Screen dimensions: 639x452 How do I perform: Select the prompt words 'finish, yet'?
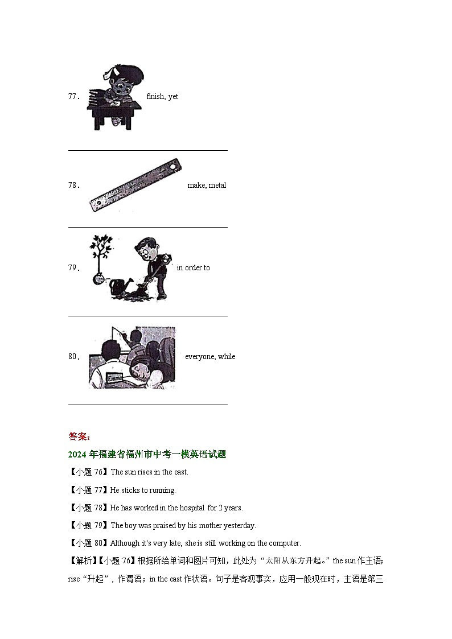[x=162, y=97]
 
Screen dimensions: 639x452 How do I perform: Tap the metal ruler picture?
[x=135, y=185]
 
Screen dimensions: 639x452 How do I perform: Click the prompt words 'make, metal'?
[x=207, y=185]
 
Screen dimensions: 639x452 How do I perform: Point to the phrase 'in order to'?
[x=193, y=268]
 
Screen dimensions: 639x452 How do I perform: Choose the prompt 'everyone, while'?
[x=210, y=357]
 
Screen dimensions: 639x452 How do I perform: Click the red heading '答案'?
[x=78, y=436]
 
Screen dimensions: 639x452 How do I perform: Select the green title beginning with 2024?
[x=147, y=454]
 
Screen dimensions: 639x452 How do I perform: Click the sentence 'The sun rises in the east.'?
[x=149, y=472]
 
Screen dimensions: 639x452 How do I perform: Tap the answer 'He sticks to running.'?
[x=143, y=490]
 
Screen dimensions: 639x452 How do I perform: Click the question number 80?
[x=72, y=357]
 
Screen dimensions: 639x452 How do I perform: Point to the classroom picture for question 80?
[x=132, y=357]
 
